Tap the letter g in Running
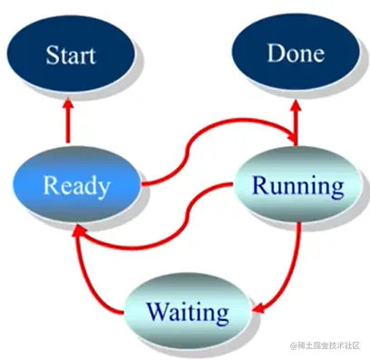coord(337,190)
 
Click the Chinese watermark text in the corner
coord(326,346)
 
